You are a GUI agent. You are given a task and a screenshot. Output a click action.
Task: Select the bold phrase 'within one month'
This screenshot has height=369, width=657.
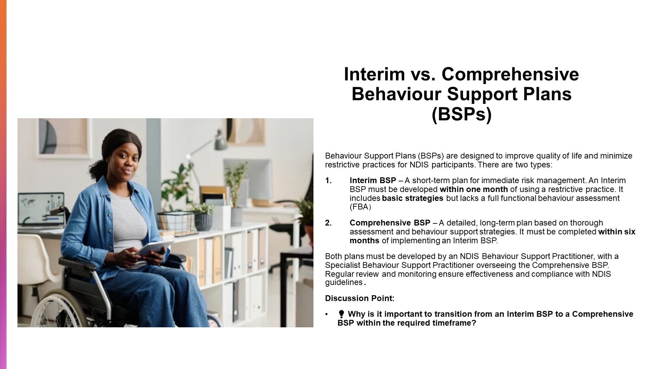pyautogui.click(x=474, y=189)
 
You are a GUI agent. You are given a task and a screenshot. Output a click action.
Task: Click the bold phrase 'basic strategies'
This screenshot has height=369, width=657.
pyautogui.click(x=412, y=198)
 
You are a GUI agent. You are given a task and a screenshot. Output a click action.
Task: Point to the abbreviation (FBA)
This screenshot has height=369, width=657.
pyautogui.click(x=360, y=207)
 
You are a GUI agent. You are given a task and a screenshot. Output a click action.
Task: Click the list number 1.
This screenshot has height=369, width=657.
pyautogui.click(x=328, y=180)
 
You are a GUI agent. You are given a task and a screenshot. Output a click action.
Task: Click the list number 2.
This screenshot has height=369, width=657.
pyautogui.click(x=328, y=223)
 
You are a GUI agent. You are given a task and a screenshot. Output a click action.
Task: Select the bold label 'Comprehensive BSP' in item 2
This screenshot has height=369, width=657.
pyautogui.click(x=390, y=223)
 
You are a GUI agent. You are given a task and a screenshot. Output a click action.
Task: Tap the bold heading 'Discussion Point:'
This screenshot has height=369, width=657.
pyautogui.click(x=360, y=298)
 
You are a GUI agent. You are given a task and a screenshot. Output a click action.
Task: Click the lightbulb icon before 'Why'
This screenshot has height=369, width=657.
pyautogui.click(x=341, y=314)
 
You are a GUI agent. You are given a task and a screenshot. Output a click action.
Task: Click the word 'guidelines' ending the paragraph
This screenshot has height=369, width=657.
pyautogui.click(x=344, y=283)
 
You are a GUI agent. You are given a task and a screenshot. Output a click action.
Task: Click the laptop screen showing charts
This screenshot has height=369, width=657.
pyautogui.click(x=41, y=208)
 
